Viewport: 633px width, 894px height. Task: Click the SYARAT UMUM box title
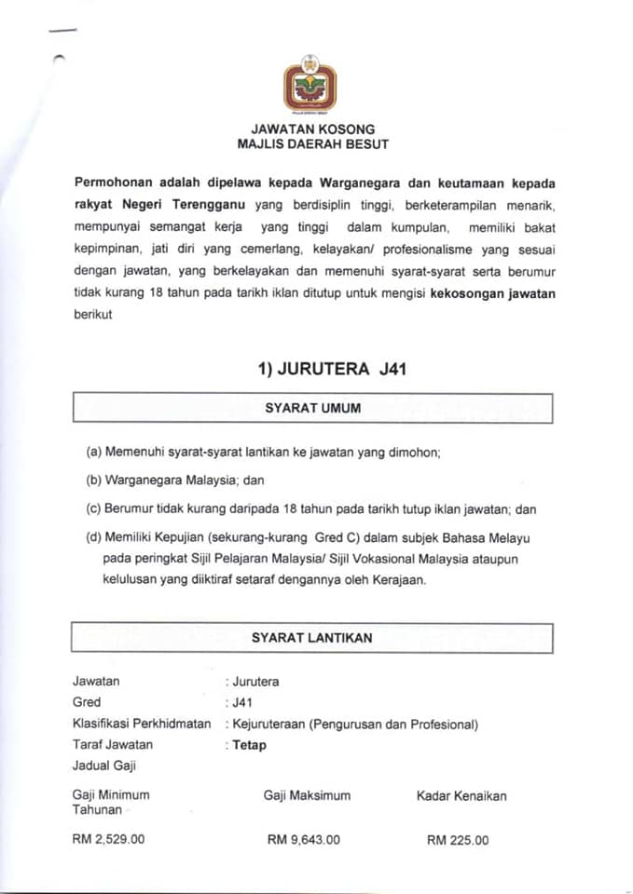pos(312,408)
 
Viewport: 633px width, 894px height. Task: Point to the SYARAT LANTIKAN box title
pos(312,638)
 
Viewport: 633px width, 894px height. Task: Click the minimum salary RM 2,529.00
pos(108,839)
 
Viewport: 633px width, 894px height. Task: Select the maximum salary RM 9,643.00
pos(303,839)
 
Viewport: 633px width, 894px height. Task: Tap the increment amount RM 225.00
pos(457,839)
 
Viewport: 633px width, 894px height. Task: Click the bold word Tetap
pos(249,745)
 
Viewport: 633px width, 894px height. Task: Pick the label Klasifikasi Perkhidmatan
pos(142,724)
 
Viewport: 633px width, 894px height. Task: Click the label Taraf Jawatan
pos(113,745)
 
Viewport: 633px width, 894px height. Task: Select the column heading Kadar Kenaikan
pos(461,795)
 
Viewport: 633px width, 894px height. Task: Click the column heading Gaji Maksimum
pos(307,795)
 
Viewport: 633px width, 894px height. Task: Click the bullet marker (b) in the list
pos(93,481)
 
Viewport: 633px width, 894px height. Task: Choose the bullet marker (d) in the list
pos(93,538)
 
